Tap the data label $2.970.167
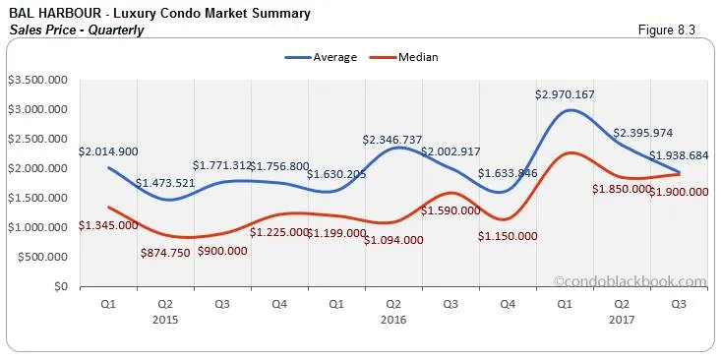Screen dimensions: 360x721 click(565, 95)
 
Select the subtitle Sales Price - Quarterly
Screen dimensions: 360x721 click(76, 30)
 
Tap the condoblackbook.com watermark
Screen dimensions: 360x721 click(630, 281)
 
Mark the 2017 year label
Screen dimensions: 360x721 click(621, 320)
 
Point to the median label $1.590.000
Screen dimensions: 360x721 click(451, 210)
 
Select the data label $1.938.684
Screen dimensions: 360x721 click(678, 156)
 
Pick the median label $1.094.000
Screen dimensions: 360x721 click(393, 240)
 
